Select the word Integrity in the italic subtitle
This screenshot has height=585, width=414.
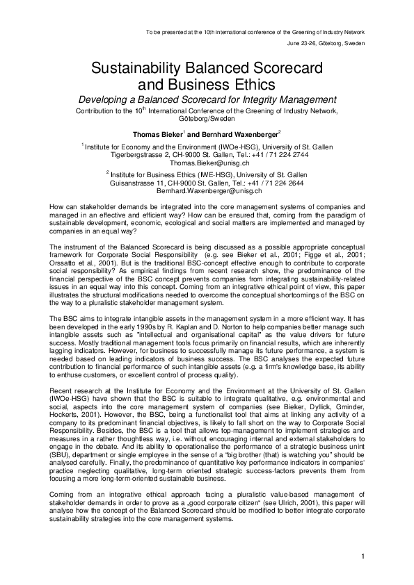coord(248,99)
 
